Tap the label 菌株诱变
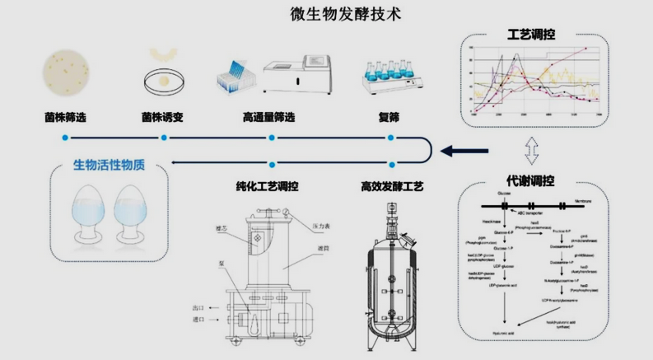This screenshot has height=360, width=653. (x=162, y=116)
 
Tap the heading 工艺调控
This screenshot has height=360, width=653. (x=531, y=35)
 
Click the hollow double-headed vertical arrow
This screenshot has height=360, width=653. (x=531, y=151)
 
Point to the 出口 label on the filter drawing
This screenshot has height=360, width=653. (x=198, y=306)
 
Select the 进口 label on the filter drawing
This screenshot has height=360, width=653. (x=198, y=319)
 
